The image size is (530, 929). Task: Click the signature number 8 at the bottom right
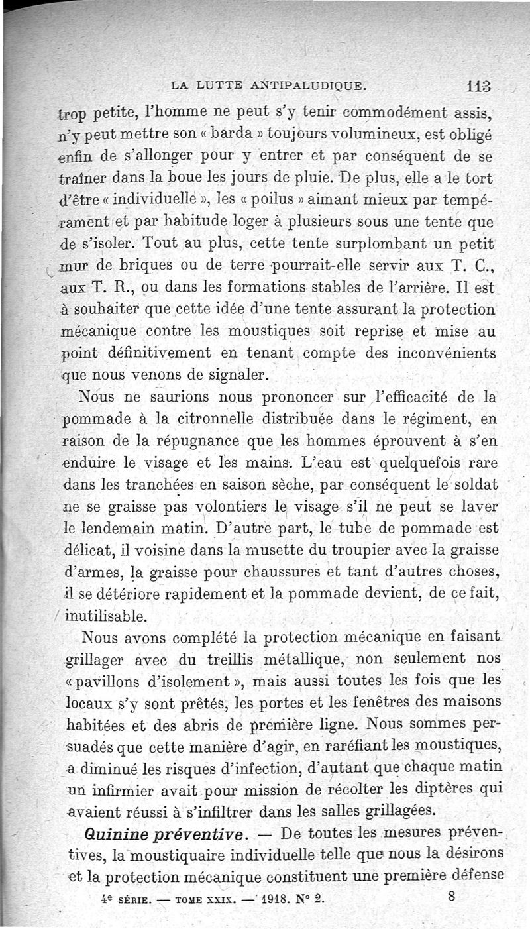[451, 897]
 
